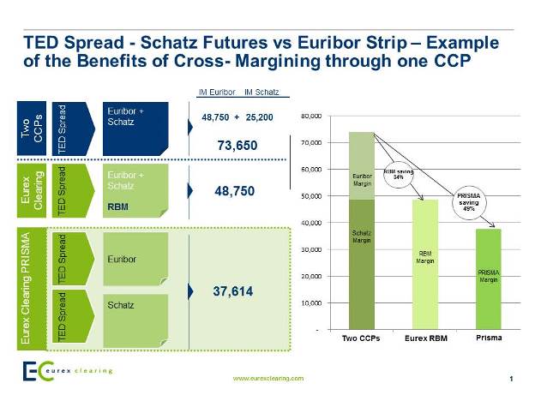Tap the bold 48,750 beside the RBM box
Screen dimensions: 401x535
[x=234, y=192]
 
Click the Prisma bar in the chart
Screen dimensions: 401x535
[x=489, y=278]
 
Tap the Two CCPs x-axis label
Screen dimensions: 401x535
[x=360, y=338]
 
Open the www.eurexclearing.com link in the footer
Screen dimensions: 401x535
[x=268, y=377]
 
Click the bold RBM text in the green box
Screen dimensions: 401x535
[x=118, y=206]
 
